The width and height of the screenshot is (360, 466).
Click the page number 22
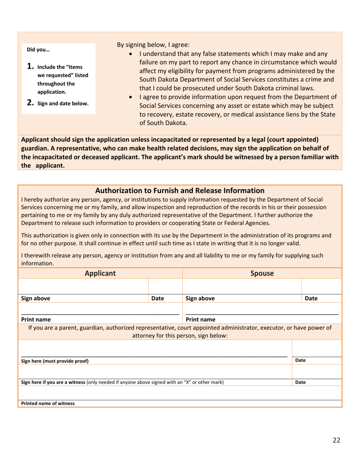337,440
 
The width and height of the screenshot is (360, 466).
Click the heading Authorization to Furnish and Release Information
180,191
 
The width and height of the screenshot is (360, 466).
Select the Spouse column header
262,273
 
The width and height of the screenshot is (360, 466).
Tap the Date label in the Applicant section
157,299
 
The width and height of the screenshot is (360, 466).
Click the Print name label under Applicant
36,319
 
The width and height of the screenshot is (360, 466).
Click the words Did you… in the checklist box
38,49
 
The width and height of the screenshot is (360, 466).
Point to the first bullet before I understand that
131,54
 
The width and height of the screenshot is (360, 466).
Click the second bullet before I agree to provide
131,97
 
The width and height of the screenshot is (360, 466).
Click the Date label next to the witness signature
301,383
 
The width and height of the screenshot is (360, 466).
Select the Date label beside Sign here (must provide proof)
301,361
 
